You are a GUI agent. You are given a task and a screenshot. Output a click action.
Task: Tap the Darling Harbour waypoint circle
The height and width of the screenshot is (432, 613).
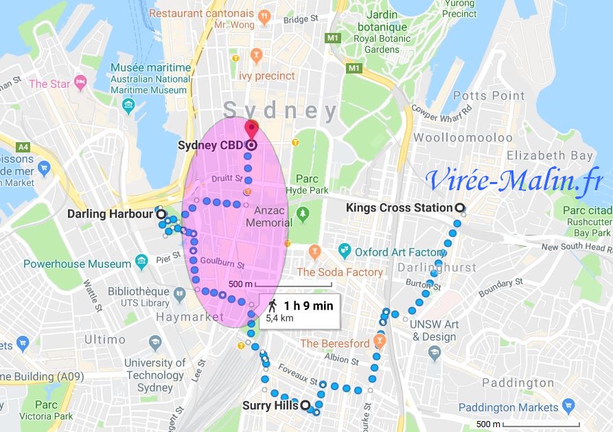tap(161, 214)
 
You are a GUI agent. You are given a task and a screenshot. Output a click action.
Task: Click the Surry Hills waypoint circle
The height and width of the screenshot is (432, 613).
tap(305, 405)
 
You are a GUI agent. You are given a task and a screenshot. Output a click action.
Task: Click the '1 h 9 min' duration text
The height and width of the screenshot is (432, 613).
tap(308, 306)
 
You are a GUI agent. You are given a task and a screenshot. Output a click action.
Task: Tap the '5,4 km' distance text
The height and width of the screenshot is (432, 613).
tap(279, 319)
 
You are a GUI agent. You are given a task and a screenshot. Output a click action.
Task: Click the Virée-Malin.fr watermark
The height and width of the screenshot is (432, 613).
tap(513, 180)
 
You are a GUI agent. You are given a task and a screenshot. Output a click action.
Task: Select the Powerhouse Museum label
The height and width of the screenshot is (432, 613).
tap(77, 264)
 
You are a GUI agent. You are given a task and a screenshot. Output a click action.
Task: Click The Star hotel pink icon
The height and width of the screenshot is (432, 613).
tap(80, 84)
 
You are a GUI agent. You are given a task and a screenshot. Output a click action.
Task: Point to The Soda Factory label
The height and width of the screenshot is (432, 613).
tap(339, 272)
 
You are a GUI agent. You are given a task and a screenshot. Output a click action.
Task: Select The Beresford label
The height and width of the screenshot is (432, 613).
tap(334, 343)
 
